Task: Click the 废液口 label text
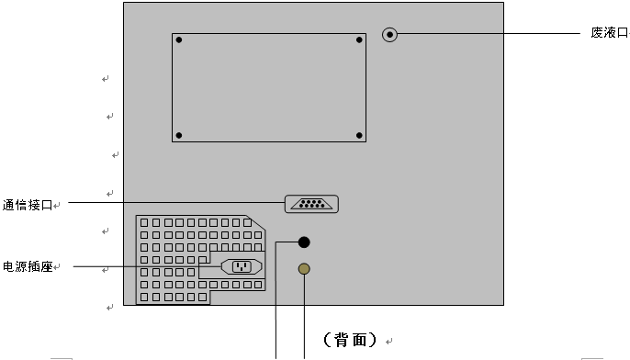click(x=610, y=32)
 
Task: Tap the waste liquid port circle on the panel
click(x=390, y=35)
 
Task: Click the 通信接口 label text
click(x=28, y=205)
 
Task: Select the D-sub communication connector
click(x=311, y=204)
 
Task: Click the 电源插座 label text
click(x=28, y=266)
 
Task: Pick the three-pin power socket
click(x=242, y=267)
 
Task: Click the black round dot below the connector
click(x=304, y=242)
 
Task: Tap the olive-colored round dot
click(x=304, y=269)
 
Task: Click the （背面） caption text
click(x=350, y=340)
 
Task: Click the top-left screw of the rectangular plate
click(x=179, y=40)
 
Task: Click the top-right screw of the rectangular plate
click(x=359, y=40)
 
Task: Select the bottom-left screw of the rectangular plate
click(x=179, y=136)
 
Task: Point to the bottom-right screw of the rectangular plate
click(x=359, y=136)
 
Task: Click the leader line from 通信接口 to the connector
click(x=174, y=202)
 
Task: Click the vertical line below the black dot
click(x=276, y=312)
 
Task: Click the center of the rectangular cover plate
click(x=269, y=88)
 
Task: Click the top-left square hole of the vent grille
click(x=145, y=222)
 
